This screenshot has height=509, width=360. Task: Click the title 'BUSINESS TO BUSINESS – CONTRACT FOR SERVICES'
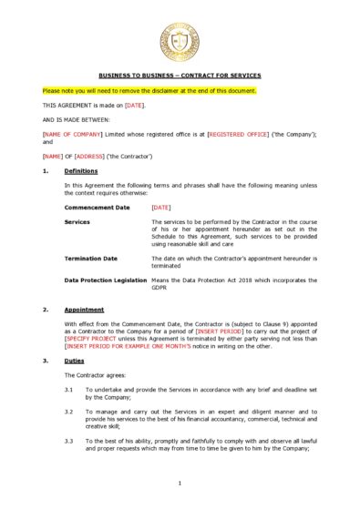click(x=180, y=75)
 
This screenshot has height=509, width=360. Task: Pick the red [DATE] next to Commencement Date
click(x=161, y=209)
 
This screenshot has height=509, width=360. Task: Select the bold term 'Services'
click(x=77, y=221)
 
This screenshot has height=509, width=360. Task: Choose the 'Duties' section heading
click(x=72, y=361)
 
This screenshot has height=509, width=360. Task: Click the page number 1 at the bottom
click(x=180, y=483)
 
